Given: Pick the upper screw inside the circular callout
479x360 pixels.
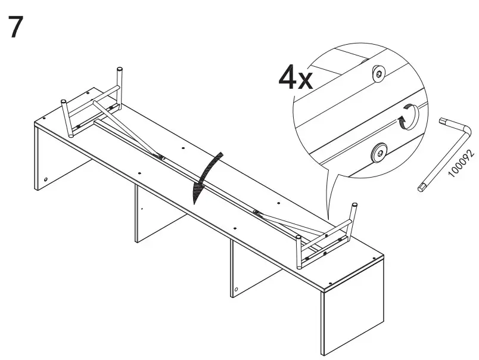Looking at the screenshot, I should pos(379,74).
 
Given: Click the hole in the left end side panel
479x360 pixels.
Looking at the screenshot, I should pos(46,179).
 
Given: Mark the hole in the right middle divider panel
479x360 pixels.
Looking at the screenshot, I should pos(237,289).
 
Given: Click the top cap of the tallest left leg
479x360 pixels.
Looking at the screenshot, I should pos(120,71).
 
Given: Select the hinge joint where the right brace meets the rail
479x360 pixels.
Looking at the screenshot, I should pos(257,212).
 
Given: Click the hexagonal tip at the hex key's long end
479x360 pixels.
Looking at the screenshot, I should pos(421,188).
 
